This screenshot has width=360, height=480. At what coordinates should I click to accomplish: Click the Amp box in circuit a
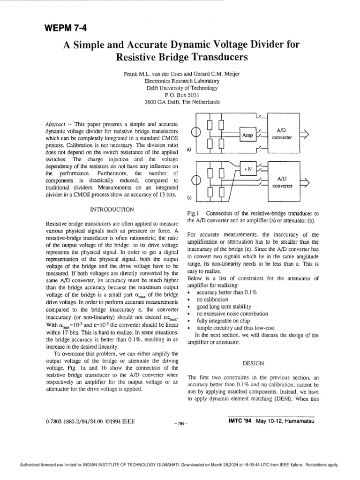point(247,135)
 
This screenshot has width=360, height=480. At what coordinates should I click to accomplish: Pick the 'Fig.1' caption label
point(193,213)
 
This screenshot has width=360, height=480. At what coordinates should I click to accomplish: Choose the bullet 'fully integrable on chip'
point(223,321)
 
